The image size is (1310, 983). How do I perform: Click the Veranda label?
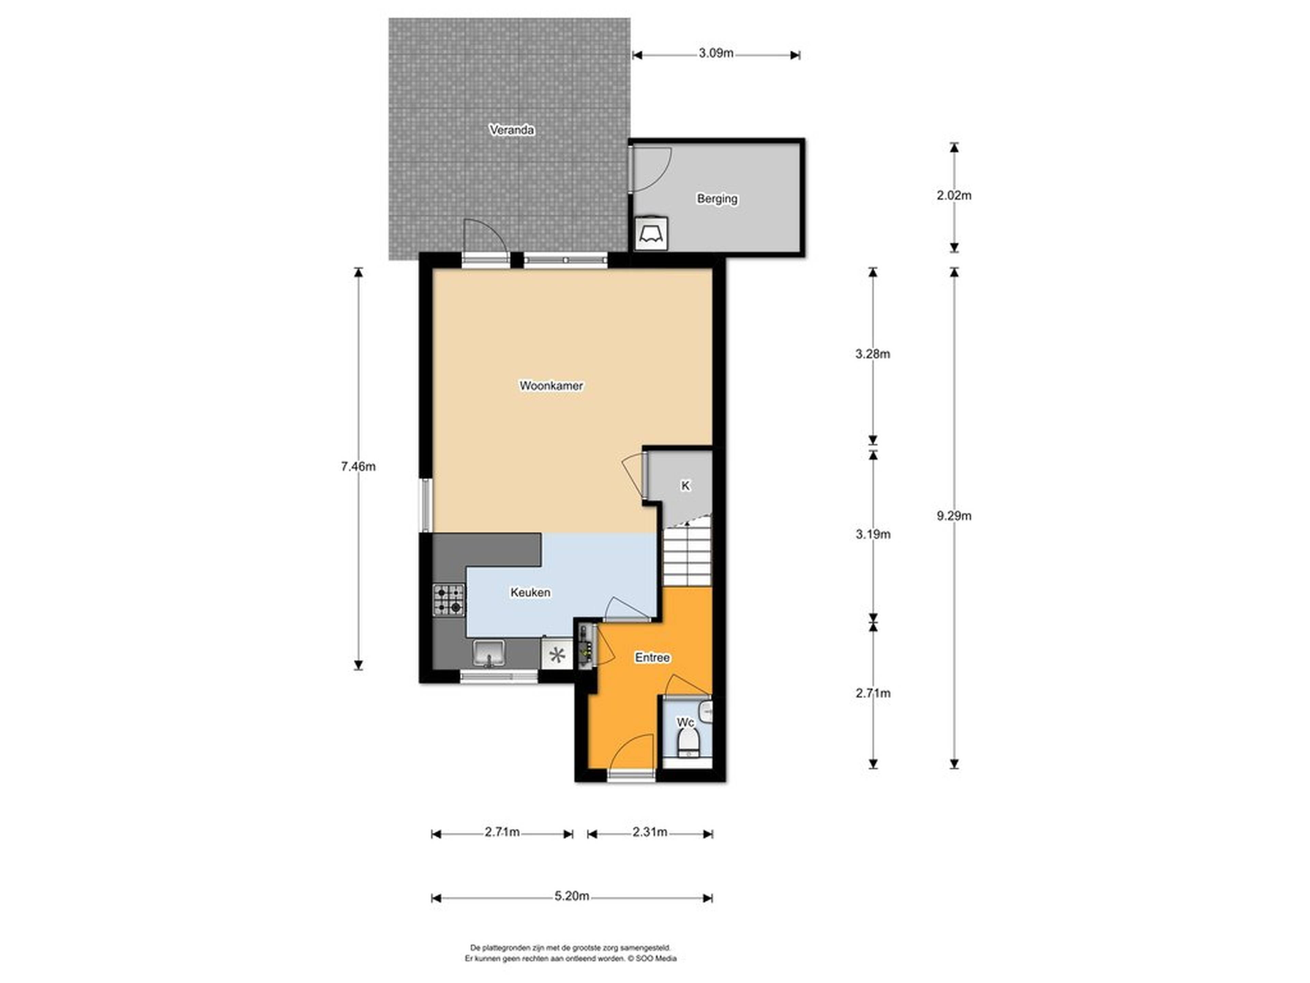(512, 130)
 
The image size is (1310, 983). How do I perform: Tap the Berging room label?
(717, 199)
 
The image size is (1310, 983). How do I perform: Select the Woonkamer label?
(551, 386)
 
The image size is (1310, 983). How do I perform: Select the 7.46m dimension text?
(358, 466)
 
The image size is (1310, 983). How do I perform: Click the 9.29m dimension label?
(954, 515)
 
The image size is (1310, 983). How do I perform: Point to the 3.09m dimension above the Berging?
(716, 53)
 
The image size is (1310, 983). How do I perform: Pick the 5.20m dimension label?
(572, 896)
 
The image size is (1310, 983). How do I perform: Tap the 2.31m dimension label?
(650, 832)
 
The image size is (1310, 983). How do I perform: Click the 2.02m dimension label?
(954, 195)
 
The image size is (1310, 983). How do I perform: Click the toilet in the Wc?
(688, 743)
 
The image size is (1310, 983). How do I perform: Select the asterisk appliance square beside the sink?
(557, 655)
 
